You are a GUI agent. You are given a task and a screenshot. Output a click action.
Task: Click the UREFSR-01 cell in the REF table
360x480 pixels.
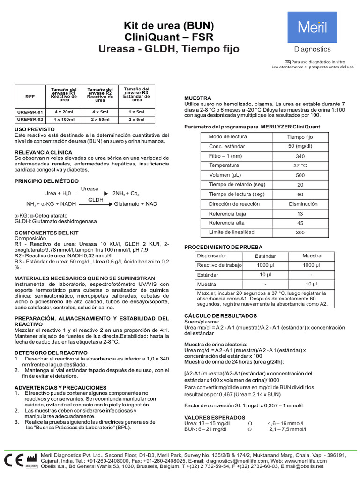click(x=30, y=112)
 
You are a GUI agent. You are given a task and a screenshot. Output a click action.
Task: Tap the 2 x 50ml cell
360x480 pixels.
click(x=100, y=120)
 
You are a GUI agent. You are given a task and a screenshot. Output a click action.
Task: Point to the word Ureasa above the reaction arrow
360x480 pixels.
click(x=90, y=189)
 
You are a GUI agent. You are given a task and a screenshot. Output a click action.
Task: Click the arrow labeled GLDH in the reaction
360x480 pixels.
click(x=96, y=204)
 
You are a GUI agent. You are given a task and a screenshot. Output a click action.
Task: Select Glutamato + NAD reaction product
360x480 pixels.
click(x=135, y=204)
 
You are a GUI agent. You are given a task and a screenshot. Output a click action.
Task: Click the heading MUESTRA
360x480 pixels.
click(x=198, y=98)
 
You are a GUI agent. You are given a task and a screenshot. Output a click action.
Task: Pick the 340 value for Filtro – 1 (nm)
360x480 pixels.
click(x=300, y=156)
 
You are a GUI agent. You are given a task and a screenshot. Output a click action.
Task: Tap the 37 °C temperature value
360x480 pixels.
click(x=300, y=166)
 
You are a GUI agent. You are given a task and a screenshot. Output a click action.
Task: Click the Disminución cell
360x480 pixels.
click(x=302, y=204)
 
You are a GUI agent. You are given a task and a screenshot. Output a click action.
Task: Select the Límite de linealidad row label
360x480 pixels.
click(x=232, y=232)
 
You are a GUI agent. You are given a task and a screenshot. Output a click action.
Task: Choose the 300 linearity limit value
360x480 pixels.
click(x=300, y=232)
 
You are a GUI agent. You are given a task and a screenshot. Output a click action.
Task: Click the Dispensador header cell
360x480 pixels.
click(x=211, y=256)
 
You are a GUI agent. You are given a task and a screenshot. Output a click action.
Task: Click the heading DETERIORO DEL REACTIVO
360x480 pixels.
click(x=51, y=352)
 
